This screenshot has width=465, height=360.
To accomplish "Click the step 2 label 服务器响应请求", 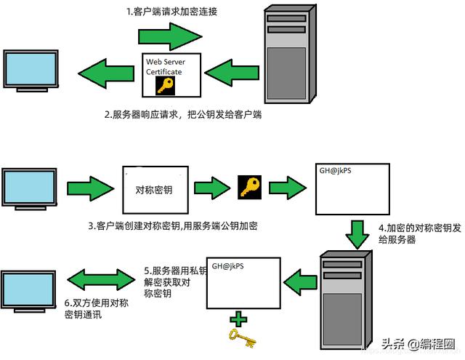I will (x=182, y=115).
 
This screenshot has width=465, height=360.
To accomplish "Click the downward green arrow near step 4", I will (x=355, y=234).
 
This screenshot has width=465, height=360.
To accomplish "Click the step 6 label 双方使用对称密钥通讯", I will (x=96, y=309).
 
